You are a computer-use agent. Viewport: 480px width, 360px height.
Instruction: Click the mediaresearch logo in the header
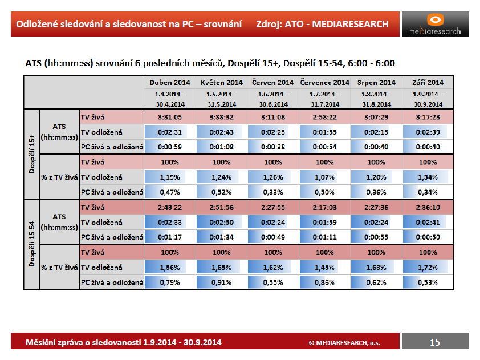click(x=435, y=24)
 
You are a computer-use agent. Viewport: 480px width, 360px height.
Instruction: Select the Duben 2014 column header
click(x=169, y=82)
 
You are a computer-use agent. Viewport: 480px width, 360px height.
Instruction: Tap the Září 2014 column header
click(x=428, y=82)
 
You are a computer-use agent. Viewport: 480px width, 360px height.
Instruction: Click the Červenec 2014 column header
click(x=324, y=82)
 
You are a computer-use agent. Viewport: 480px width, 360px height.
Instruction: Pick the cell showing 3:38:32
click(x=221, y=117)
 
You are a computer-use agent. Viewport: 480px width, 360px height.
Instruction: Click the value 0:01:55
click(x=324, y=132)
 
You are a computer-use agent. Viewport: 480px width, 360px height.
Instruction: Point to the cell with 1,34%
click(x=428, y=177)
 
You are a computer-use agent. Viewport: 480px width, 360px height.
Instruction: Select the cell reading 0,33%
click(x=272, y=192)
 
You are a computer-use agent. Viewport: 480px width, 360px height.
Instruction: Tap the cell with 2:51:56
click(x=221, y=208)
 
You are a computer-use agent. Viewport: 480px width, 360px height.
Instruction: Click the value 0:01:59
click(x=324, y=222)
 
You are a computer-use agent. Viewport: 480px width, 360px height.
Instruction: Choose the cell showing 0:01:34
click(x=221, y=237)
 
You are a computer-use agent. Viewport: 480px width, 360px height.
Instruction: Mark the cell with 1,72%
click(x=428, y=268)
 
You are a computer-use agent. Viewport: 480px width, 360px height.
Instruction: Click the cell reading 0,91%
click(x=221, y=282)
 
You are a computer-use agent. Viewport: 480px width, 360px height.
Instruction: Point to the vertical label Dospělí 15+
click(x=31, y=154)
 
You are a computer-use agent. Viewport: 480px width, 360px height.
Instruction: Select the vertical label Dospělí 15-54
click(x=31, y=244)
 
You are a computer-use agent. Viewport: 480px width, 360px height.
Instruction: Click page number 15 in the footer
click(x=435, y=342)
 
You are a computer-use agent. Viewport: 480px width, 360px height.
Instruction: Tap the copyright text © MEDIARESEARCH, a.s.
click(x=344, y=343)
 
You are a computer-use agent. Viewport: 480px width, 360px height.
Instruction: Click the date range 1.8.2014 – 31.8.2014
click(x=376, y=99)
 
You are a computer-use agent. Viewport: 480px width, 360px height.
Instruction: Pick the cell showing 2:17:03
click(x=324, y=208)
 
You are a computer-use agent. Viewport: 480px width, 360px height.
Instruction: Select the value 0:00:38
click(x=272, y=147)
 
